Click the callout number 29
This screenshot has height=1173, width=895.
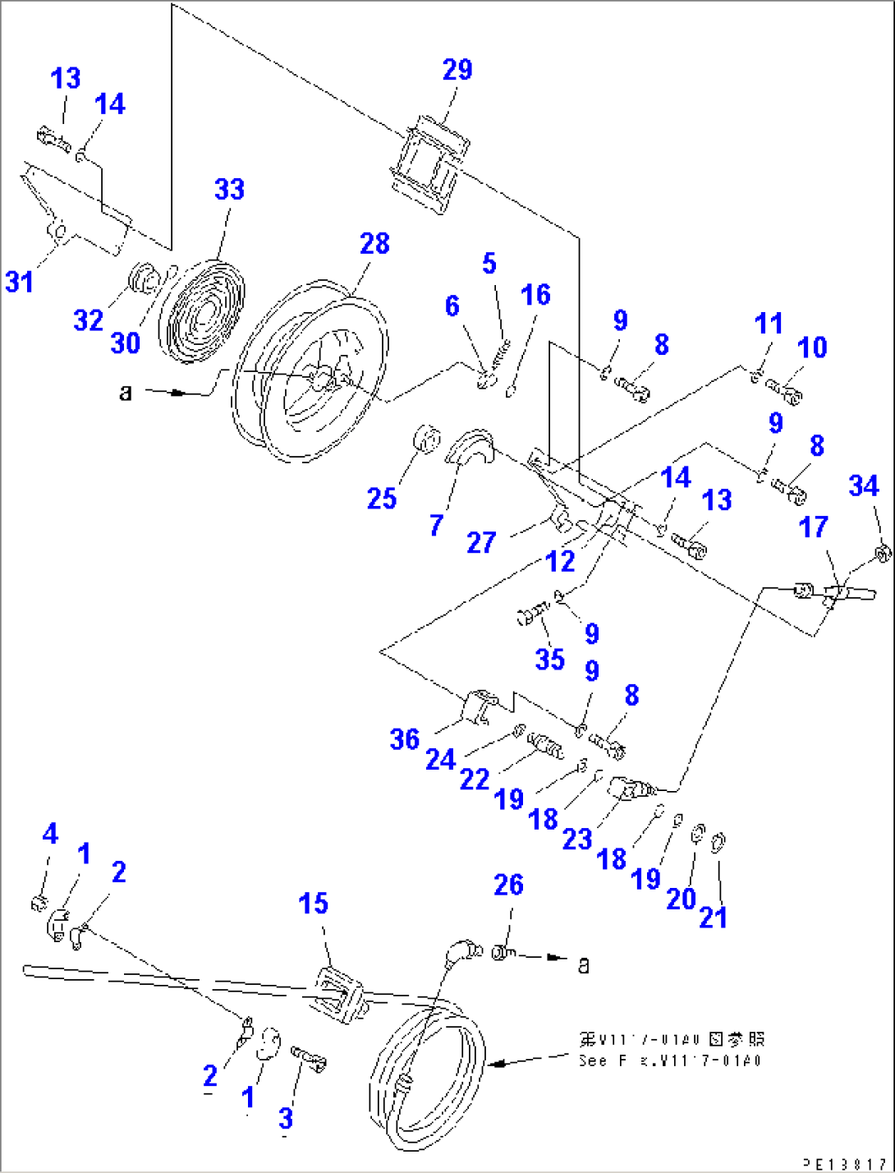click(457, 70)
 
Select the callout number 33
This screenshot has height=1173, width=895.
click(229, 190)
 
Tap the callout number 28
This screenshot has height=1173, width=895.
click(374, 244)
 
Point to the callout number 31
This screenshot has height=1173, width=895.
click(20, 282)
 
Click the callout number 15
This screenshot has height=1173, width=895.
click(313, 904)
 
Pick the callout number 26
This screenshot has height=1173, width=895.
click(508, 885)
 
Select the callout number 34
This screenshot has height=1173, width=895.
click(863, 486)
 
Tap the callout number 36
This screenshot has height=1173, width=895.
click(405, 739)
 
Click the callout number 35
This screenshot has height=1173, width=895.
click(549, 659)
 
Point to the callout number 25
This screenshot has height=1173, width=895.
click(382, 499)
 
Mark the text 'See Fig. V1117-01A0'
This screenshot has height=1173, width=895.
click(670, 1060)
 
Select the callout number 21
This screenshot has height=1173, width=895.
click(713, 918)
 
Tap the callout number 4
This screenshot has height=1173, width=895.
click(50, 834)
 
